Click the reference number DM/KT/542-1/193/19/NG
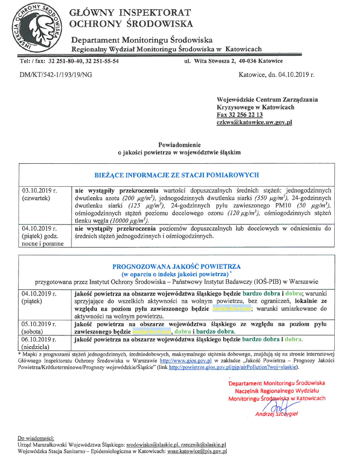55,75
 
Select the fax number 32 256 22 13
239,115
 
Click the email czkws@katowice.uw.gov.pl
254,123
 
